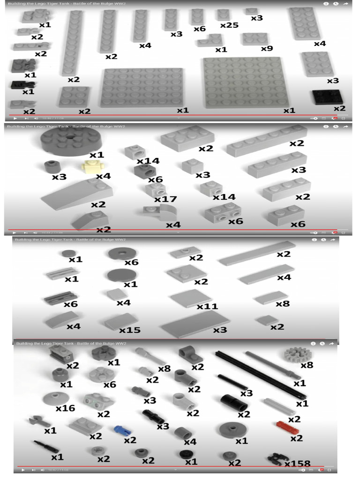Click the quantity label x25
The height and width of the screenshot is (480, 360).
(x=229, y=25)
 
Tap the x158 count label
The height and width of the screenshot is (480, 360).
(x=297, y=464)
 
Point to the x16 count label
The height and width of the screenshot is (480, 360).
(x=65, y=408)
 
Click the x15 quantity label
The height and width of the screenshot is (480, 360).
(x=129, y=330)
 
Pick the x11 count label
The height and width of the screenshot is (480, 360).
(x=207, y=306)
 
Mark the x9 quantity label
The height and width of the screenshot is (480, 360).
(x=267, y=48)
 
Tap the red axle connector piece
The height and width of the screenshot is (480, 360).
(x=284, y=426)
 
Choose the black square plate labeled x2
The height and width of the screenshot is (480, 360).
(x=327, y=97)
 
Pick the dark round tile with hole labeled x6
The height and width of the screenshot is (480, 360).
(x=123, y=254)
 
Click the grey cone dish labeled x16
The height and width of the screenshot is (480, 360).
(x=56, y=398)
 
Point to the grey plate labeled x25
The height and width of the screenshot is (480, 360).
(x=223, y=15)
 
